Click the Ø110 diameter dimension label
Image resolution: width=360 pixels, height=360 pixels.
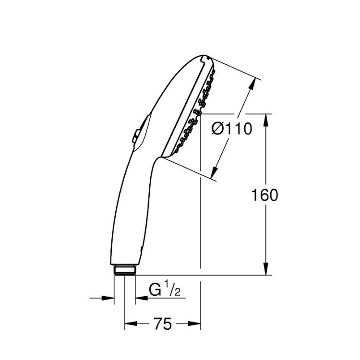[232, 129]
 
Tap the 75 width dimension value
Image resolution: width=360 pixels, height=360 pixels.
[163, 324]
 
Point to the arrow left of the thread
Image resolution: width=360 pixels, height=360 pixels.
[109, 298]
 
